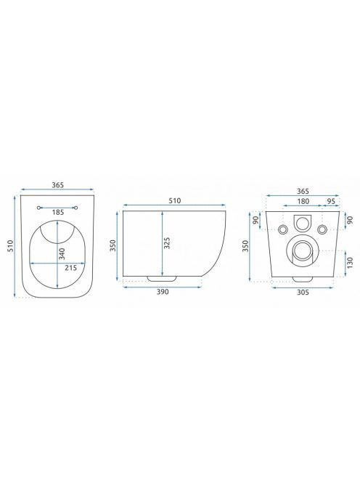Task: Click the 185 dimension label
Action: pos(58,212)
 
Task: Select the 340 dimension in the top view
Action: pos(62,254)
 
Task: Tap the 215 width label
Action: pos(70,268)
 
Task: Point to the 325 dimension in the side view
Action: pos(167,243)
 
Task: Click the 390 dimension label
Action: pos(163,292)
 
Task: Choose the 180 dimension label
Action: pos(303,201)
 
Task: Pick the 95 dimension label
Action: pos(331,201)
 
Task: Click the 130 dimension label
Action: pos(350,263)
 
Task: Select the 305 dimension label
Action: pos(303,293)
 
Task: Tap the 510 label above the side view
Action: pos(175,201)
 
